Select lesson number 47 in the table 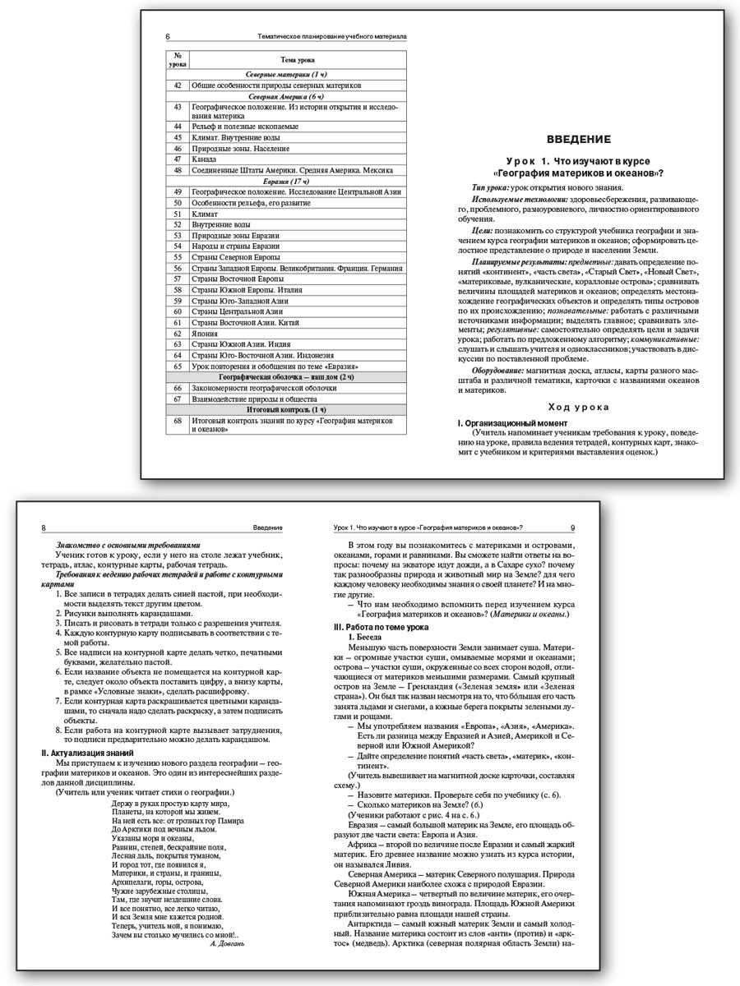(177, 159)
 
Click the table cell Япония (206, 334)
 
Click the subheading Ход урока (579, 406)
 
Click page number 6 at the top (168, 37)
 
